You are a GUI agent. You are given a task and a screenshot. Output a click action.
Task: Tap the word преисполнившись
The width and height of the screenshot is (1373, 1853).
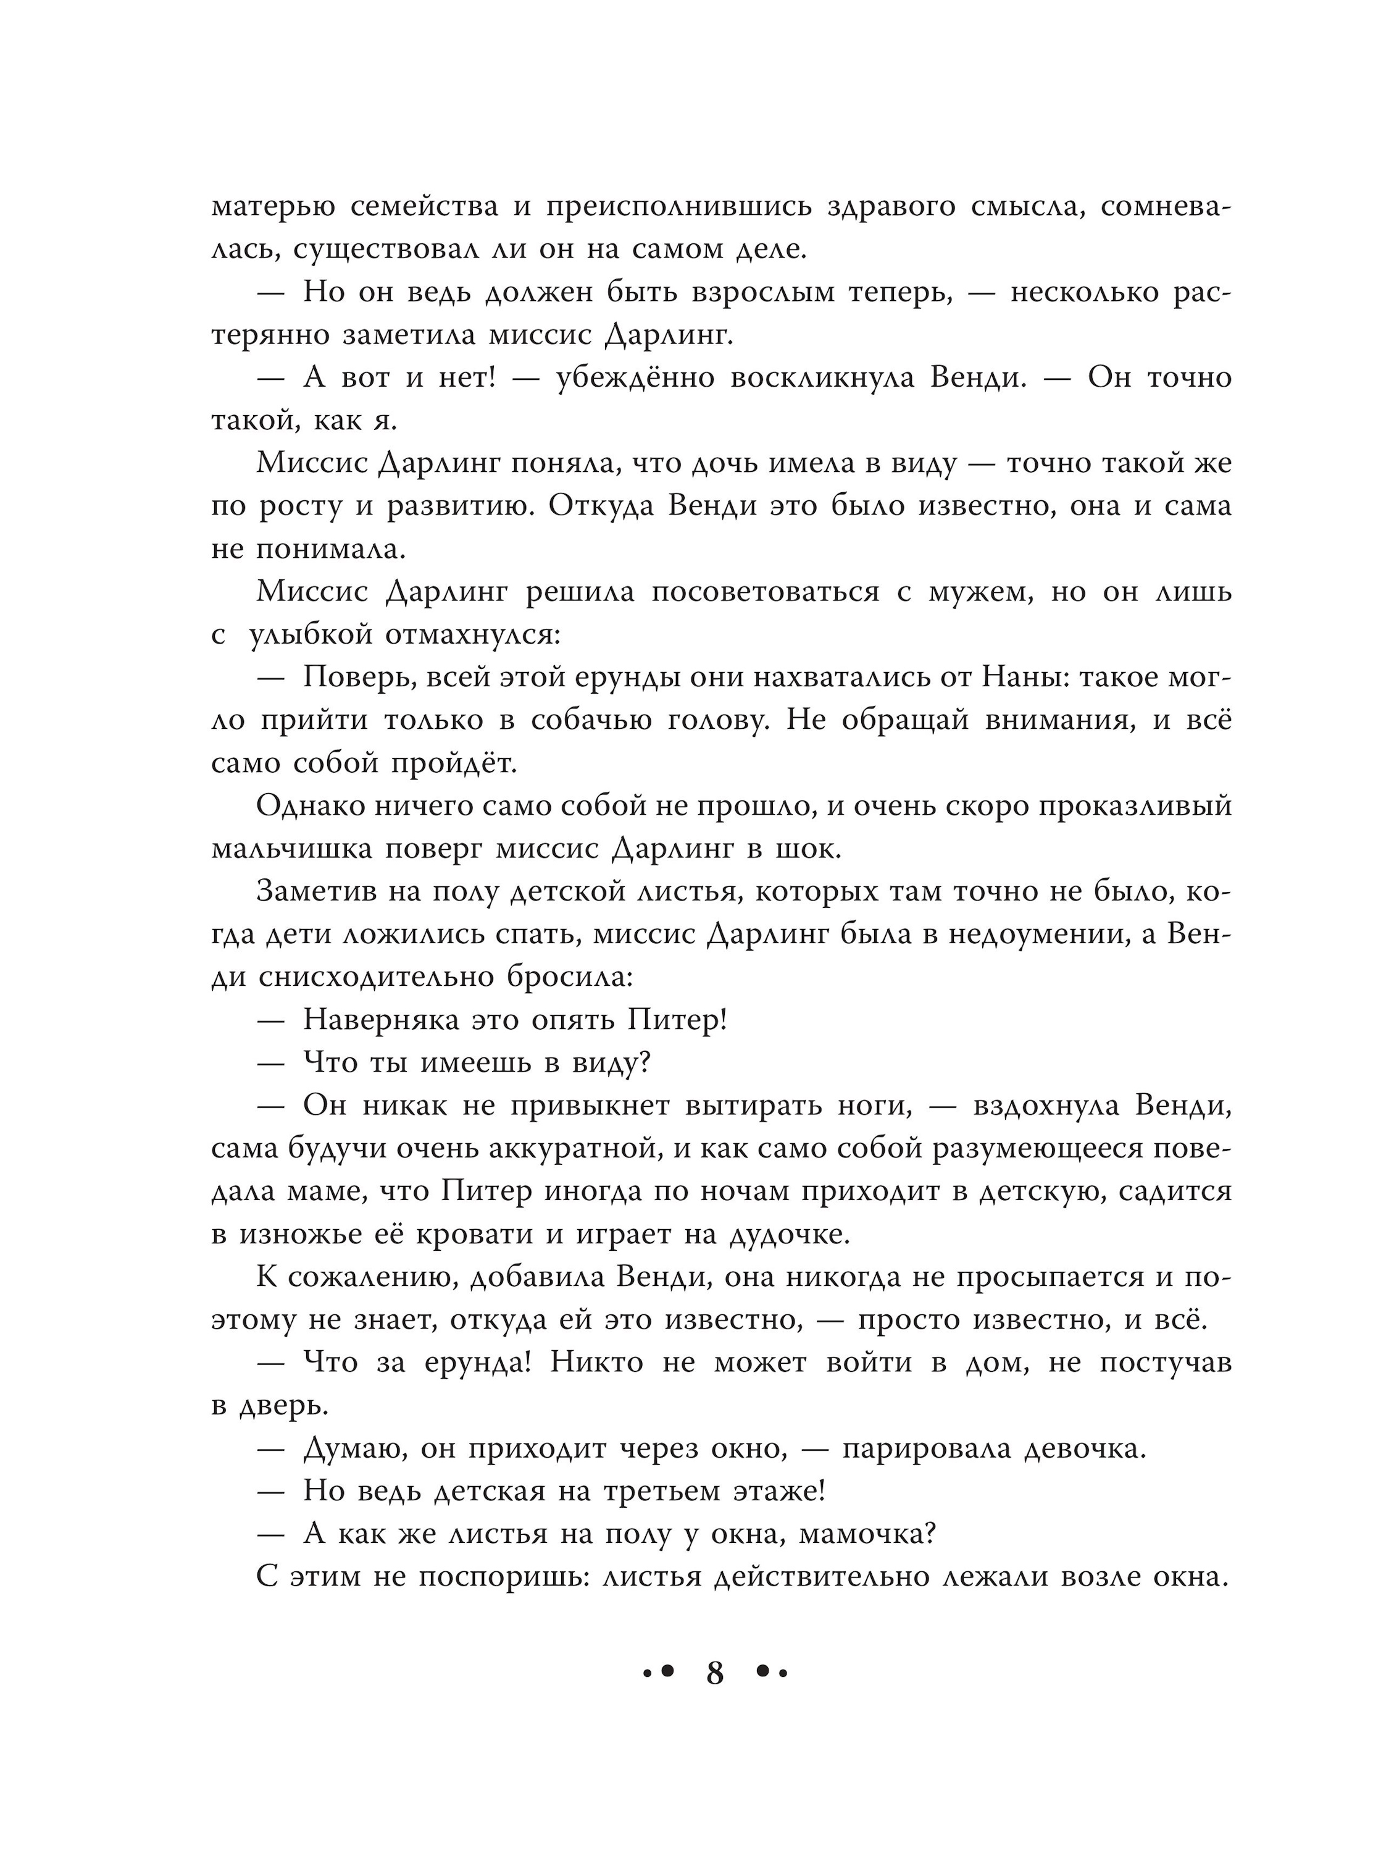tap(678, 207)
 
